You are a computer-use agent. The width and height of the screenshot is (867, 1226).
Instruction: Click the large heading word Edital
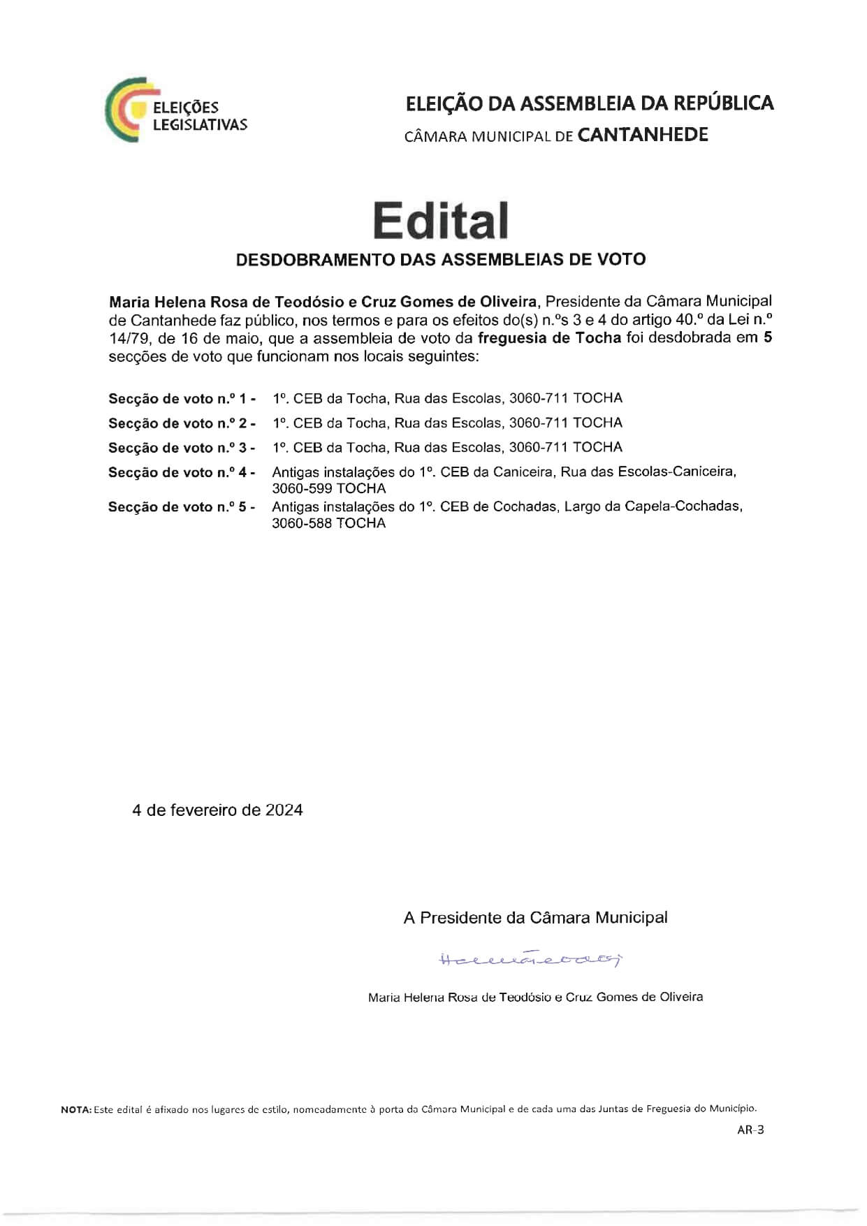pyautogui.click(x=440, y=221)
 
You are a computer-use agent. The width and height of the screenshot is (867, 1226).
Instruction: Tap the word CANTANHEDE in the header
pyautogui.click(x=643, y=135)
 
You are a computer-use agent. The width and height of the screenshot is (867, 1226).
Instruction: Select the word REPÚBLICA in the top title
pyautogui.click(x=723, y=103)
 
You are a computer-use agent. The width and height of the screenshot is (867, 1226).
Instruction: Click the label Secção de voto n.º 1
pyautogui.click(x=182, y=399)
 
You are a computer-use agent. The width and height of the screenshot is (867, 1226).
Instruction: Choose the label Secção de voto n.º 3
pyautogui.click(x=182, y=448)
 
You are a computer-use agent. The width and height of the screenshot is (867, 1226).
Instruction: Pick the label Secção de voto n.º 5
pyautogui.click(x=182, y=507)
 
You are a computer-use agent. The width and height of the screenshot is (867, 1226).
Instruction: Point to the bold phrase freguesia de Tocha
pyautogui.click(x=549, y=338)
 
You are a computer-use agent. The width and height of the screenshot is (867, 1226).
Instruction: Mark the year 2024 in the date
pyautogui.click(x=284, y=810)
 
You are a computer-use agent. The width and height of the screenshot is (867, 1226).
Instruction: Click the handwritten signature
pyautogui.click(x=530, y=959)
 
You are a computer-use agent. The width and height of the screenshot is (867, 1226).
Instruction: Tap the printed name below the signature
pyautogui.click(x=535, y=997)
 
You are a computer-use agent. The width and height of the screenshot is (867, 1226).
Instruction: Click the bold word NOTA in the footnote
pyautogui.click(x=75, y=1109)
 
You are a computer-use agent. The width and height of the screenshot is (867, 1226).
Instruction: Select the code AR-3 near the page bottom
pyautogui.click(x=750, y=1130)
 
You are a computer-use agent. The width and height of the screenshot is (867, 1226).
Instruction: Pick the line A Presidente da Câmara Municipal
pyautogui.click(x=535, y=918)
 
